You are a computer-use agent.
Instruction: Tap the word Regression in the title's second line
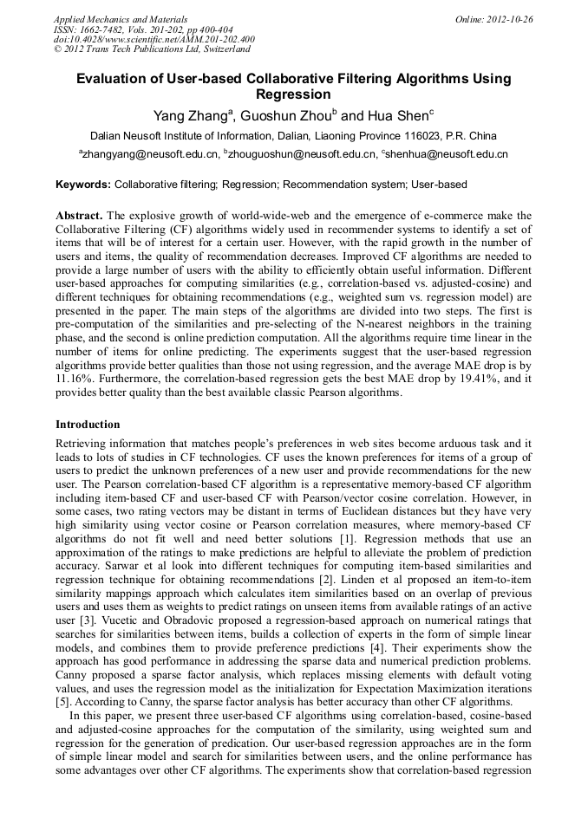[293, 94]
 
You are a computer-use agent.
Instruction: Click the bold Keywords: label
[83, 185]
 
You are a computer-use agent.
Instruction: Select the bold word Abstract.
[79, 215]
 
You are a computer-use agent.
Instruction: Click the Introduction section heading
[88, 425]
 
